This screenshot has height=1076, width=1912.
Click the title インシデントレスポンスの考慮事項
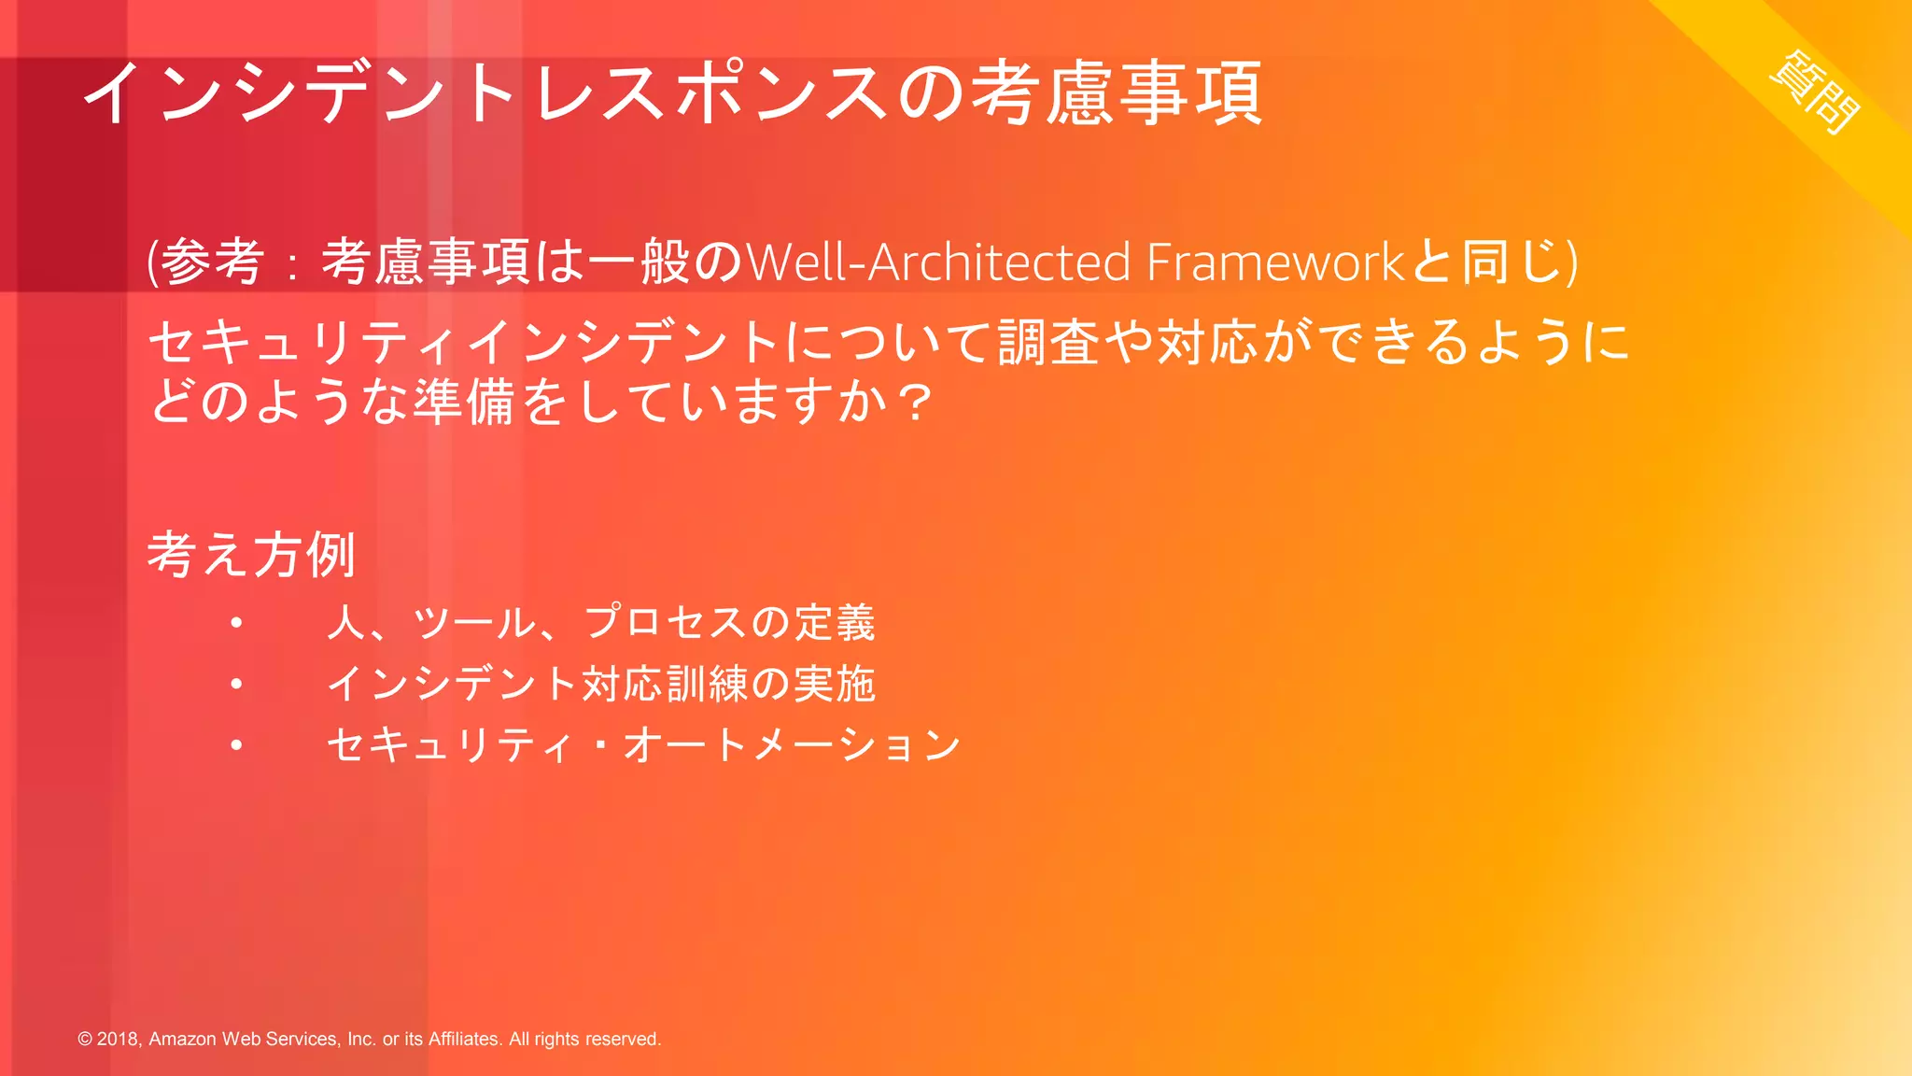click(672, 92)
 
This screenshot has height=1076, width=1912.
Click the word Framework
click(1275, 262)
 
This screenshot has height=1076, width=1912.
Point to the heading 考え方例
click(251, 554)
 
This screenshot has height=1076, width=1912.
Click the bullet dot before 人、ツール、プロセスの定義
click(237, 623)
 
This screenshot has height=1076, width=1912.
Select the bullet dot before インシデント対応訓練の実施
click(237, 685)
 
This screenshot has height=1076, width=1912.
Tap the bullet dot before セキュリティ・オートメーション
click(237, 745)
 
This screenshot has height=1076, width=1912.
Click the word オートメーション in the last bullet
click(792, 745)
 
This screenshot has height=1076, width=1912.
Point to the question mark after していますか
click(917, 403)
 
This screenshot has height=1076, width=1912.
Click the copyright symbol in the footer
click(85, 1040)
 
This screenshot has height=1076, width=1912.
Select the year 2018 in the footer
click(119, 1040)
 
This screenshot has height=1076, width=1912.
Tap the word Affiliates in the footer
click(464, 1040)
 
